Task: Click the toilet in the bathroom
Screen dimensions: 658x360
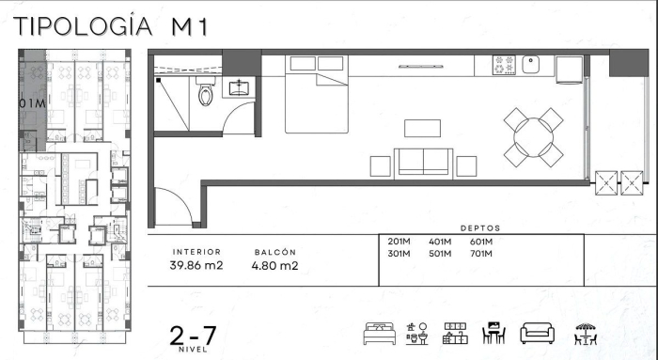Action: tap(206, 91)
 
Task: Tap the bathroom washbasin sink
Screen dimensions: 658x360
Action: tap(239, 88)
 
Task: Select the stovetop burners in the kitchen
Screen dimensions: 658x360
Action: tap(504, 65)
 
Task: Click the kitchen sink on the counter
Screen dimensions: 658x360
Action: tap(531, 65)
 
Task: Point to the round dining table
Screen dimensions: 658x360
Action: tap(533, 137)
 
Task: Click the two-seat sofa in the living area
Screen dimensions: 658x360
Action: tap(423, 164)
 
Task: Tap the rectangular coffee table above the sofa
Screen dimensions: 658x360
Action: tap(423, 129)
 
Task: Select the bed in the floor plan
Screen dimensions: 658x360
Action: tap(317, 94)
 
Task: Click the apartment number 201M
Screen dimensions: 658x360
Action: tap(399, 242)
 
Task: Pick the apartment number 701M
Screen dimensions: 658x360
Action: tap(481, 254)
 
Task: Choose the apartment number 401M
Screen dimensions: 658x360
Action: tap(440, 242)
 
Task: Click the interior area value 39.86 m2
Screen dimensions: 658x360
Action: tap(196, 266)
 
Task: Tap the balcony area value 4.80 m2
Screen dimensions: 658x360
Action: tap(274, 266)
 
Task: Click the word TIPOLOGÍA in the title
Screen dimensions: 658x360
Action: tap(83, 25)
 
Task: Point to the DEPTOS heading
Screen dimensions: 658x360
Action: tap(480, 228)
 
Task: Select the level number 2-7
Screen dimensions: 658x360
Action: tap(193, 336)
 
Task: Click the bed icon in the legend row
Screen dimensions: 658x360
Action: tap(380, 334)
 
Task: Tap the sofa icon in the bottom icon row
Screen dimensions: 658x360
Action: tap(537, 334)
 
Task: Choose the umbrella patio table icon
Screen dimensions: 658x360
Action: tap(586, 334)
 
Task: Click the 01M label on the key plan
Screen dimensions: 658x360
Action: tap(32, 103)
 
